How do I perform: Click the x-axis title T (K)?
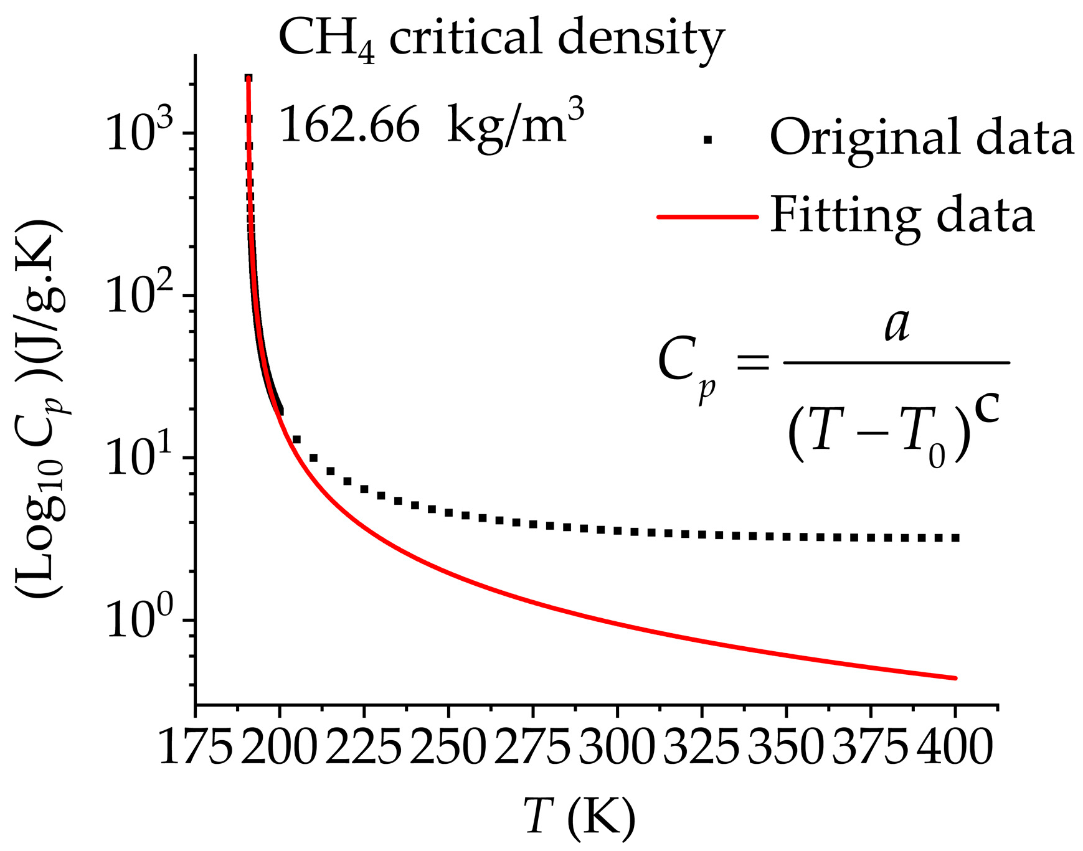point(579,817)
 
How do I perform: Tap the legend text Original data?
point(922,138)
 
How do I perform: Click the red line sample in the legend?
point(707,217)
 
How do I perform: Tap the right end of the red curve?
point(955,678)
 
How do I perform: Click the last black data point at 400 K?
point(955,537)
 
